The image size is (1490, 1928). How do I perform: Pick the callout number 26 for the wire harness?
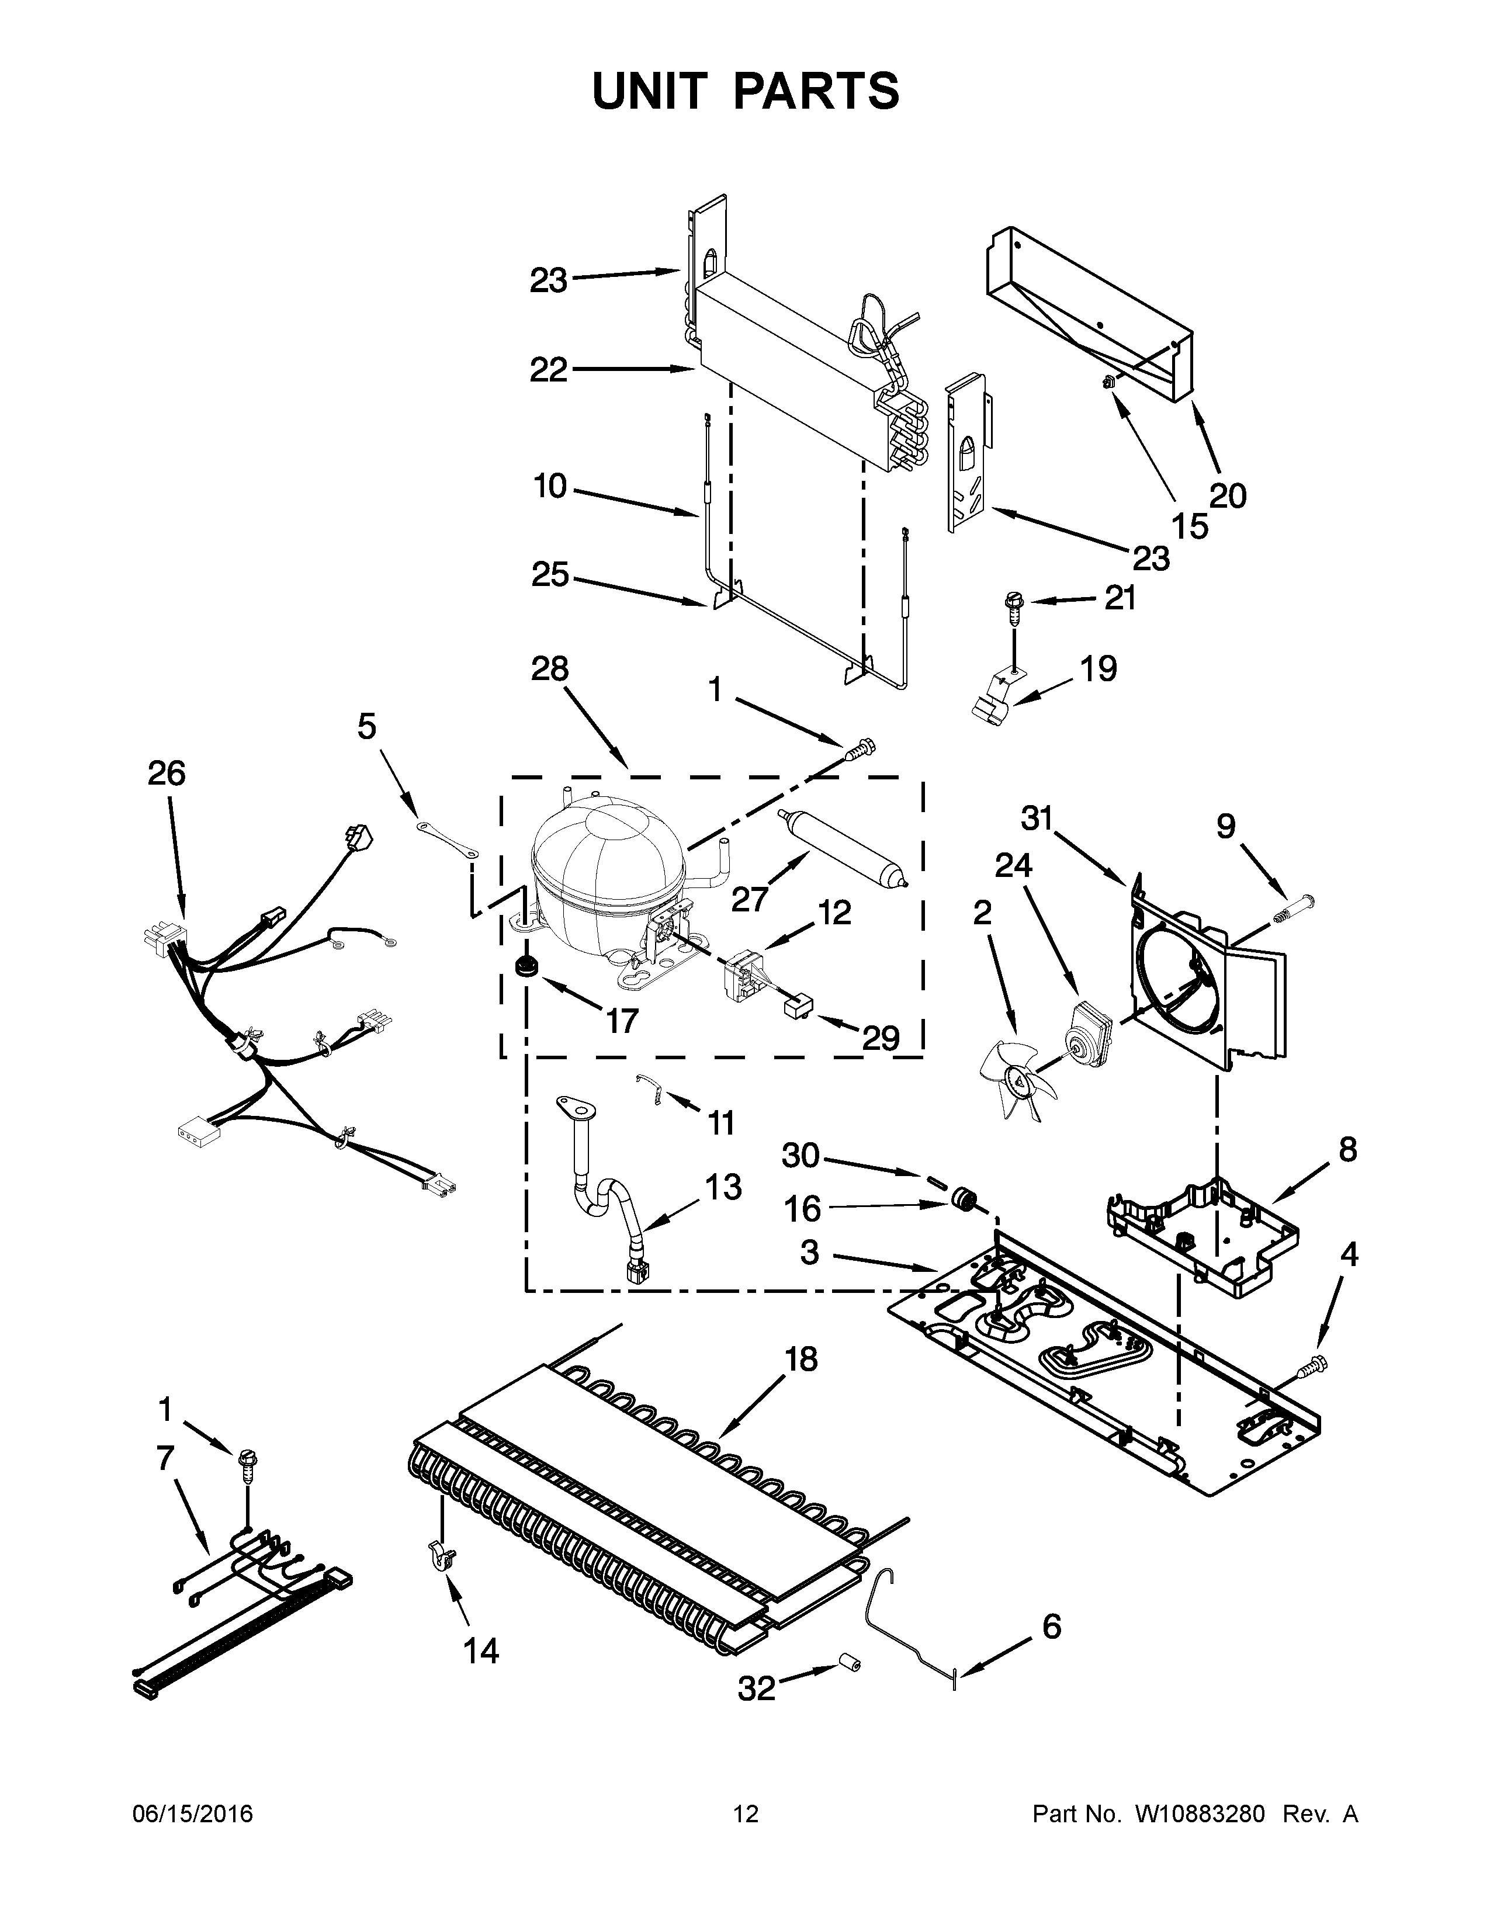(x=166, y=774)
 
